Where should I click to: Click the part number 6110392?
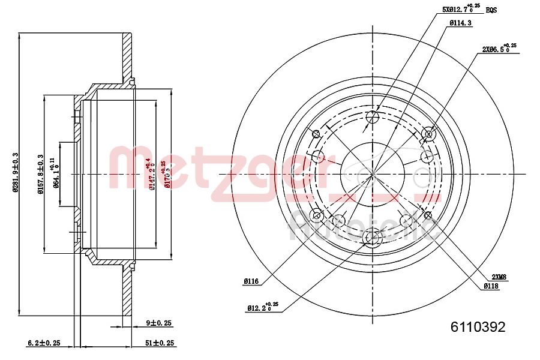(478, 328)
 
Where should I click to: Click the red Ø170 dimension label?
(166, 171)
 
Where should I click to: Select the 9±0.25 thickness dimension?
(158, 323)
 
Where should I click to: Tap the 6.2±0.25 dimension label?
(43, 343)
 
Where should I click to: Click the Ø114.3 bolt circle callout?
(460, 23)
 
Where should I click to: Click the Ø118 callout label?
(491, 287)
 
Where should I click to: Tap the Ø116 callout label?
(251, 280)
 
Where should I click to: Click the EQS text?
(491, 10)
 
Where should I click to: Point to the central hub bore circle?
(372, 173)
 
